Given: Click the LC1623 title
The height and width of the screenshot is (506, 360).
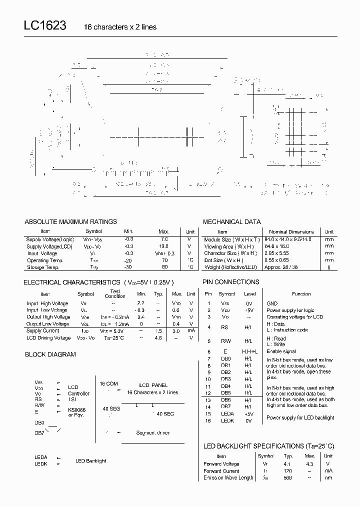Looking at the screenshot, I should [x=44, y=26].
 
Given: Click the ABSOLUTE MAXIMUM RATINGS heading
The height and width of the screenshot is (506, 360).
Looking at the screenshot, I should [x=70, y=221].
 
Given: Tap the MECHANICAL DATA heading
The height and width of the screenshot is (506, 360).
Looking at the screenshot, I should [x=231, y=221].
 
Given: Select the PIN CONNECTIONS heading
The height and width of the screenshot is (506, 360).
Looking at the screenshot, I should [x=230, y=282].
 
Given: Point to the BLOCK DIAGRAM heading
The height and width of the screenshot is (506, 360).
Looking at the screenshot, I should [x=50, y=354].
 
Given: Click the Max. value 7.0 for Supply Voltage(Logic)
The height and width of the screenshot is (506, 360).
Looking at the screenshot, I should [x=163, y=239].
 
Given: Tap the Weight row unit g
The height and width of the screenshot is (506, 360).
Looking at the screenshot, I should [x=329, y=267].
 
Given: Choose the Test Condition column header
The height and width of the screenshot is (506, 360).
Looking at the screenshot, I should [x=115, y=293].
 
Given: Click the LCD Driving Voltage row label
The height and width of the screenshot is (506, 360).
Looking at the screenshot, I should [x=48, y=338].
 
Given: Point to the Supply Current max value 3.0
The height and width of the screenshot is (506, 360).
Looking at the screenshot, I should [x=176, y=331].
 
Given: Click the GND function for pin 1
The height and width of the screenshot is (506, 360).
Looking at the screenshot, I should [x=272, y=303].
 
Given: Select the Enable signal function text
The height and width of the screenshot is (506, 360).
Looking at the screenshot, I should [x=281, y=351].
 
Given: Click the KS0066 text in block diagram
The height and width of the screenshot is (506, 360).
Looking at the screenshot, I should [x=77, y=409].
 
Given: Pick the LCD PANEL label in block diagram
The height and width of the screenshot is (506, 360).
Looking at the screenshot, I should [x=151, y=385].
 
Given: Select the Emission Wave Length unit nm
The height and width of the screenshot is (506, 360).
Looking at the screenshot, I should [x=328, y=478].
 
